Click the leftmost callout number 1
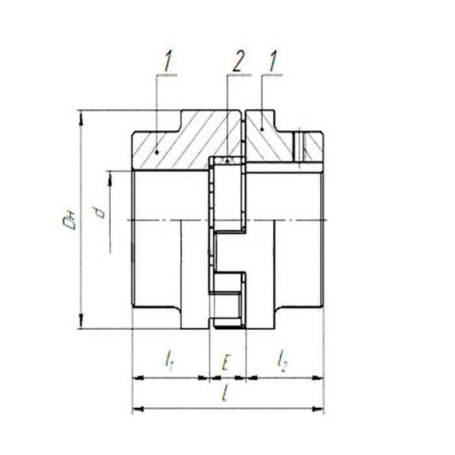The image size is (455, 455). pos(168,62)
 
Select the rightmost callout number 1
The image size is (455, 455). pos(272,62)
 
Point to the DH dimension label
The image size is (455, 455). pos(70,220)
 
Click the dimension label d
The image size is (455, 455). pos(101,212)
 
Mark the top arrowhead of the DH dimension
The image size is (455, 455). pos(81,118)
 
